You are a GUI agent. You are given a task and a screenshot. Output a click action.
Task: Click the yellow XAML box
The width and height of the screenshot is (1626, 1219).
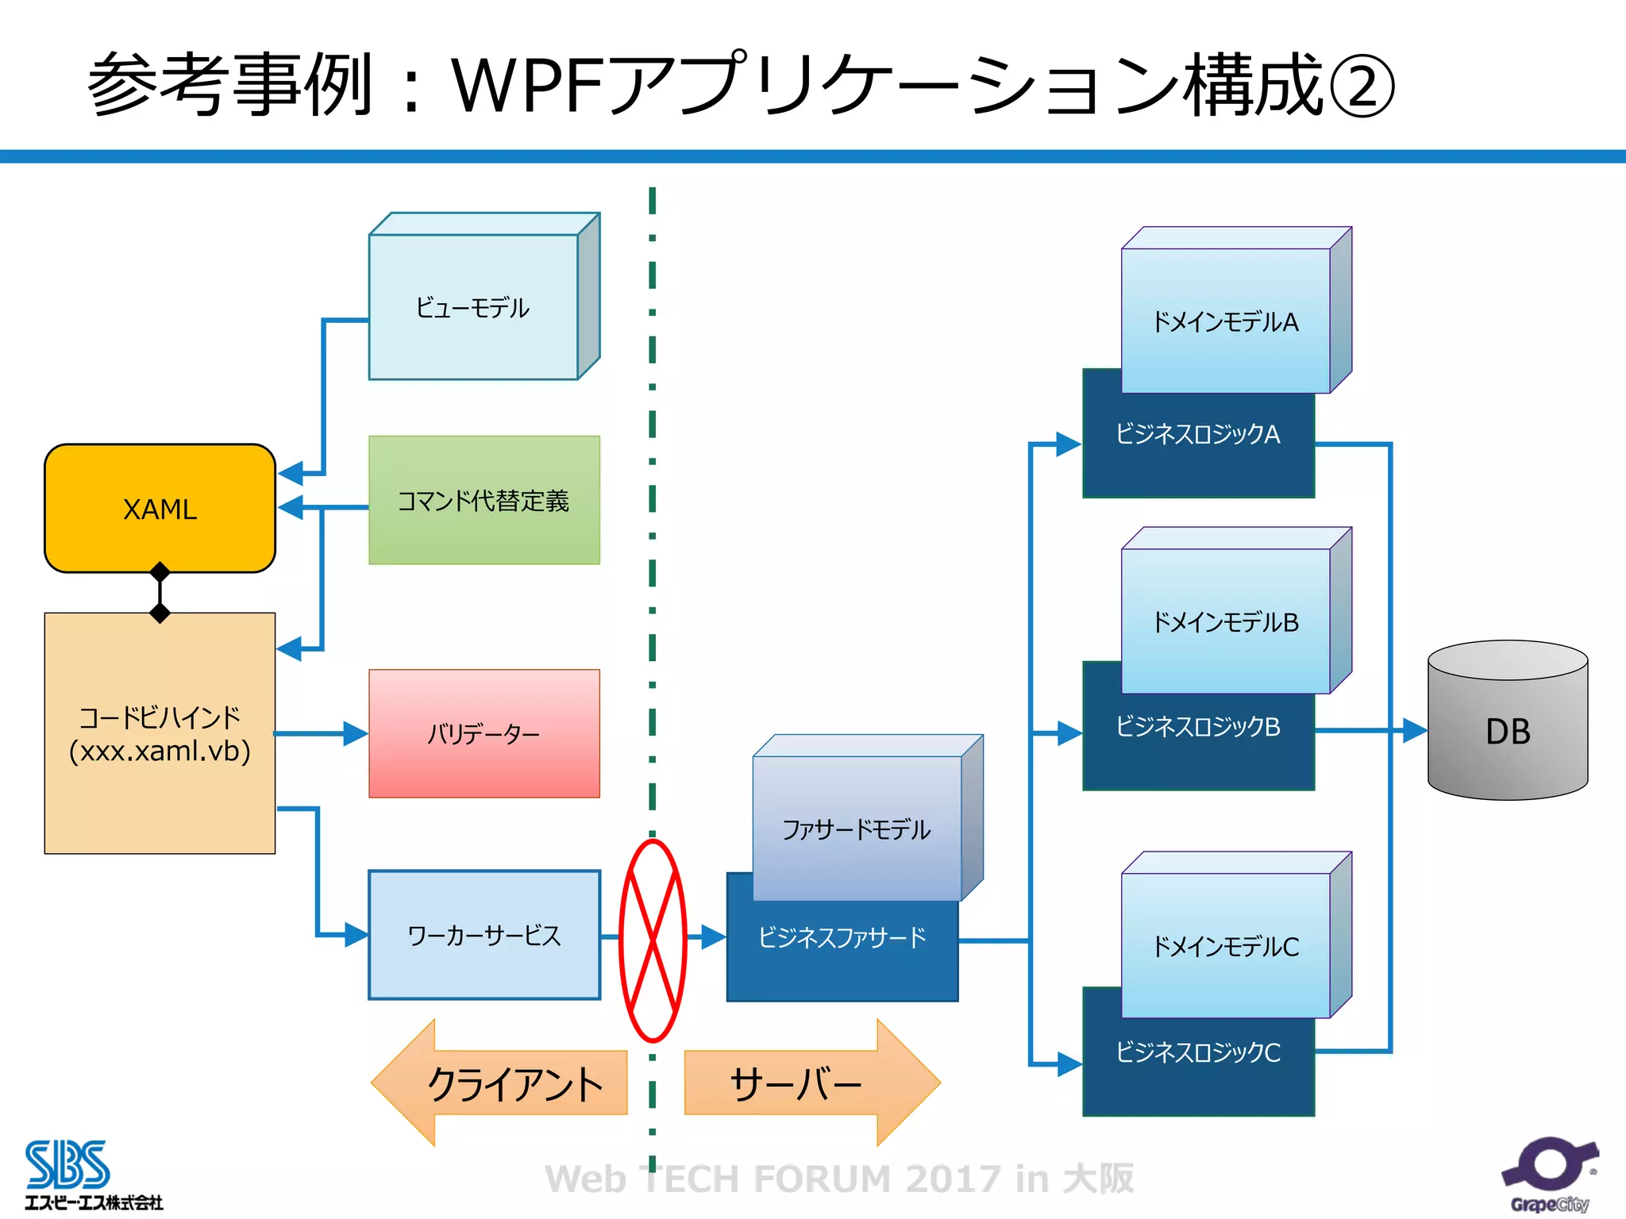coord(160,508)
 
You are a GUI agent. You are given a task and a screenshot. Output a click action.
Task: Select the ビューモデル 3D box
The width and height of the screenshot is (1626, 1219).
coord(473,307)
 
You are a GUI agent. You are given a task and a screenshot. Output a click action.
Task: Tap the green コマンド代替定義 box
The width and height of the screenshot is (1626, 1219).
coord(484,500)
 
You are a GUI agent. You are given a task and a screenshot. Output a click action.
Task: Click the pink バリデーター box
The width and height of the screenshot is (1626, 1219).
coord(484,733)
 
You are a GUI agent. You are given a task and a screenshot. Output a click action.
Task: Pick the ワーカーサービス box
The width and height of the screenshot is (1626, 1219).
coord(484,935)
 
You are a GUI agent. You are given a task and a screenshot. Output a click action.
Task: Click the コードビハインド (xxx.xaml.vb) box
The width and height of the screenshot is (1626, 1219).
coord(160,733)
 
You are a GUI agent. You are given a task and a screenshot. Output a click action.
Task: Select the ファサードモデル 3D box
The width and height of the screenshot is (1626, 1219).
coord(857,829)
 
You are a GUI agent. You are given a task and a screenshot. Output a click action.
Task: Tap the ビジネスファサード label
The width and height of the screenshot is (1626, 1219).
coord(842,938)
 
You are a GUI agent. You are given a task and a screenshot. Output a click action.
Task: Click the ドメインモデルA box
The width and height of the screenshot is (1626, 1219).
coord(1225,321)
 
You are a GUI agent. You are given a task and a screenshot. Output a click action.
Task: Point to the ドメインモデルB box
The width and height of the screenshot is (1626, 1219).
coord(1225,621)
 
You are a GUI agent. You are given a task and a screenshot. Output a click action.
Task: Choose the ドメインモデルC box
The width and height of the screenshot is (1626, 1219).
coord(1225,946)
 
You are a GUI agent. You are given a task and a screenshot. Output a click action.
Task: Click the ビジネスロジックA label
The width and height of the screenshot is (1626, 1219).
coord(1197,434)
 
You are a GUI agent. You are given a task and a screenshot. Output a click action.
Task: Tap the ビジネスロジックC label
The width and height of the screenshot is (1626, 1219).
coord(1197,1052)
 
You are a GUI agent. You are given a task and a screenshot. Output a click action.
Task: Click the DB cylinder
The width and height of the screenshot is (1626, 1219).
coord(1507,730)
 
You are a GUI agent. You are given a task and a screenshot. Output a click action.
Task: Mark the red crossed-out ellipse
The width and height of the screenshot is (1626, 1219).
coord(653,940)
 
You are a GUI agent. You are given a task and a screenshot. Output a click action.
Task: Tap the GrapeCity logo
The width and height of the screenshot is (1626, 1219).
coord(1549,1175)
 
